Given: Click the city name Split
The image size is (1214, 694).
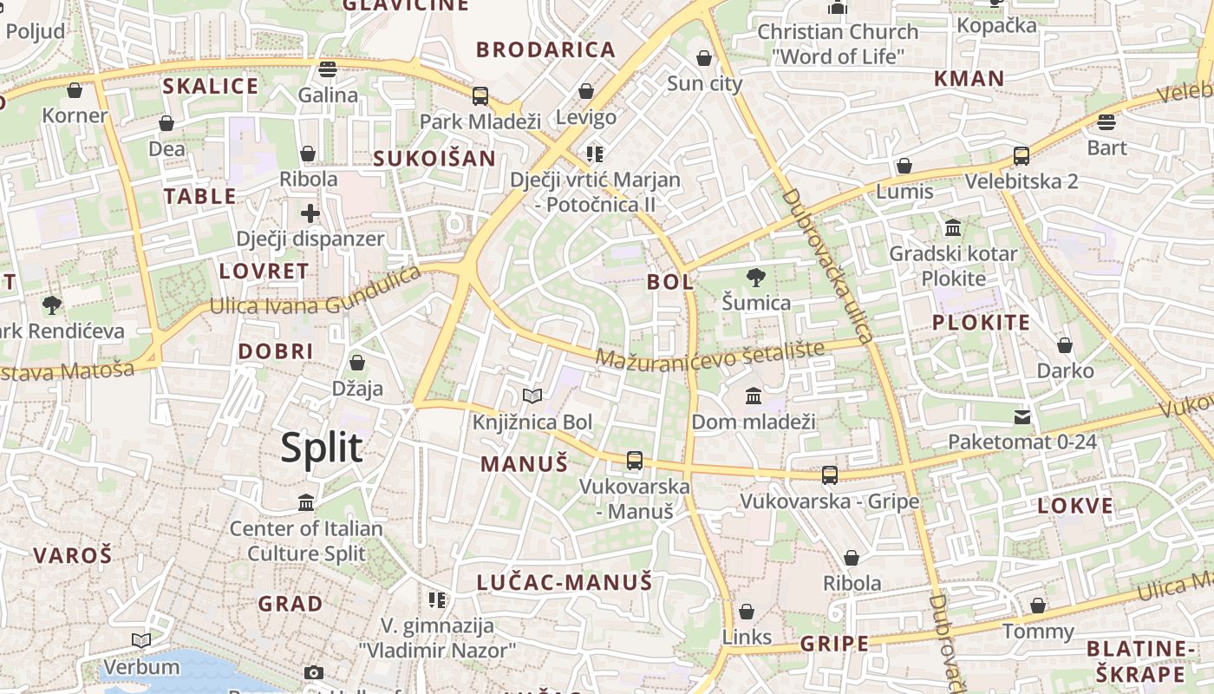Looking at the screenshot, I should point(322,448).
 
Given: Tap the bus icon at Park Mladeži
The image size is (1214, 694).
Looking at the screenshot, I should point(480,96).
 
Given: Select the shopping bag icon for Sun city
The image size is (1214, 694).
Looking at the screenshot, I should point(704,58).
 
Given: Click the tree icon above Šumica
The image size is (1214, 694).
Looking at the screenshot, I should point(756,278).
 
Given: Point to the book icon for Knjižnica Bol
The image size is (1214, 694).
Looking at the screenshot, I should point(532,396).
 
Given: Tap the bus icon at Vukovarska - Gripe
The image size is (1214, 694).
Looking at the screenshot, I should point(830,475).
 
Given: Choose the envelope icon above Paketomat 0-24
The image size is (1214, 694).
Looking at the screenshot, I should point(1022,417).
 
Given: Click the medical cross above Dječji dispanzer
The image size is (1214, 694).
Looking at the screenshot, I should point(310,213).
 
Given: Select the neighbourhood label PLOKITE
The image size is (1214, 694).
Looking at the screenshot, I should point(981,323).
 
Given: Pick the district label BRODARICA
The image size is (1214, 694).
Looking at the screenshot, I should point(546,49).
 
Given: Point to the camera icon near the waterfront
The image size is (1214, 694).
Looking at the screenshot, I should point(314,672).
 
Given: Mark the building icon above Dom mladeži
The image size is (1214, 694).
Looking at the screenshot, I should point(754,396).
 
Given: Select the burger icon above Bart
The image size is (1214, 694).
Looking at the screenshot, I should point(1106,121).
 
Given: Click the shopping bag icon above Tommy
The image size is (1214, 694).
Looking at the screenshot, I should point(1038,606).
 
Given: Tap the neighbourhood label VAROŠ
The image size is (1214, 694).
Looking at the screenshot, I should point(73,554).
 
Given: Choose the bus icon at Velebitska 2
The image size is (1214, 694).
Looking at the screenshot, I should point(1021,156).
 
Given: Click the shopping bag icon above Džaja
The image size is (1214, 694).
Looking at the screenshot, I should point(357,363).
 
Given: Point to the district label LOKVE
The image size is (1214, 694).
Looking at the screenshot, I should point(1075,506).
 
